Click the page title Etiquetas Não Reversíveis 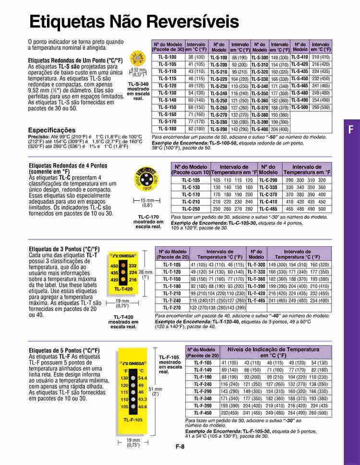[134, 22]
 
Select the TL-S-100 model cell [168, 57]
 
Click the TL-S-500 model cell [300, 107]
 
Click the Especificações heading [52, 130]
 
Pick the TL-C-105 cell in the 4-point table [191, 180]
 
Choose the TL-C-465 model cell [268, 209]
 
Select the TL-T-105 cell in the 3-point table [172, 265]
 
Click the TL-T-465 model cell [257, 300]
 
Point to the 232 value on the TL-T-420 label [133, 266]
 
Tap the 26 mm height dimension [146, 272]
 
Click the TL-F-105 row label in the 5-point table [203, 363]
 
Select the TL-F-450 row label [203, 413]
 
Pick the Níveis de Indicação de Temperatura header [273, 349]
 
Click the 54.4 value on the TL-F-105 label [143, 379]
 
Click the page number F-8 [180, 447]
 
